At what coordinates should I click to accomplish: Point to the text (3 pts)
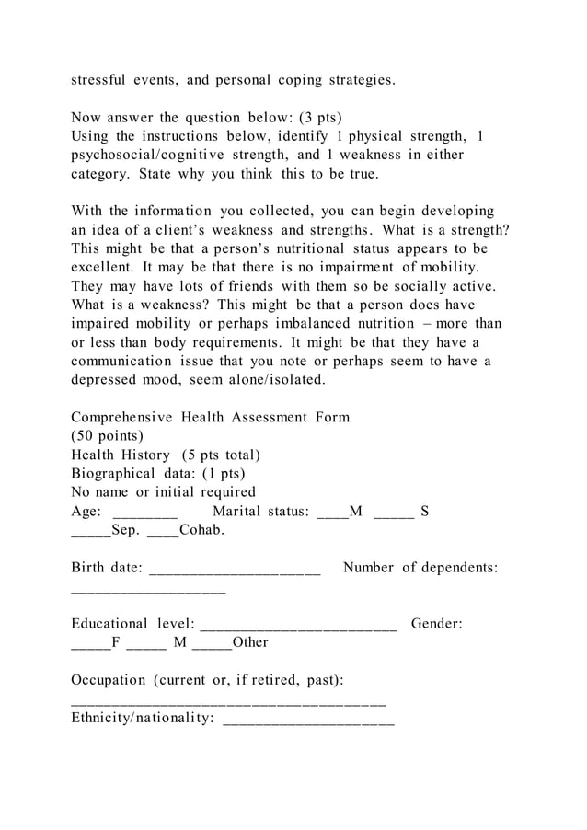(x=314, y=118)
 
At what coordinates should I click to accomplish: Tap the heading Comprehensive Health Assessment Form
(x=210, y=417)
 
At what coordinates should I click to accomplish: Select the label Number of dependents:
(x=420, y=568)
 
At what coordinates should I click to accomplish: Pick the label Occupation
(x=108, y=680)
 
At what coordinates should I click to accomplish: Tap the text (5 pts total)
(x=221, y=455)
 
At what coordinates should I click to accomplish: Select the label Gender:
(x=436, y=624)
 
